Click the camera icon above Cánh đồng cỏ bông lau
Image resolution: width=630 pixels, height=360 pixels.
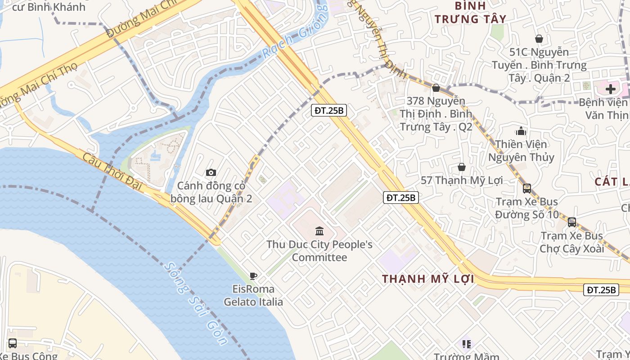pyautogui.click(x=211, y=172)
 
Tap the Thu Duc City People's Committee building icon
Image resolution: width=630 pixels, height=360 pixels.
pyautogui.click(x=319, y=231)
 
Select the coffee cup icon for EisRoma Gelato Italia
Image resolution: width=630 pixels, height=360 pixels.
pyautogui.click(x=253, y=276)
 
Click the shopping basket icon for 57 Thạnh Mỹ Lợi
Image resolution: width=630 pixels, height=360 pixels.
pyautogui.click(x=462, y=167)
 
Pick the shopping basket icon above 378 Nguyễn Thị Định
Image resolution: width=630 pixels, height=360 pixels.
pyautogui.click(x=436, y=88)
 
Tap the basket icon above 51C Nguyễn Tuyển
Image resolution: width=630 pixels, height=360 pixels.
pyautogui.click(x=539, y=39)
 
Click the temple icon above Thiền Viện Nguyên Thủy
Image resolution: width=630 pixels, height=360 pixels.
pyautogui.click(x=521, y=131)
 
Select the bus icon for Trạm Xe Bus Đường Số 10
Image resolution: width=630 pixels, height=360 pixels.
pyautogui.click(x=526, y=188)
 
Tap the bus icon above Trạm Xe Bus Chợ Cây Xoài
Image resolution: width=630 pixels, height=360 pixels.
pyautogui.click(x=571, y=222)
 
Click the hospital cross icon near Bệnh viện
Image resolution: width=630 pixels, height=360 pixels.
pyautogui.click(x=610, y=89)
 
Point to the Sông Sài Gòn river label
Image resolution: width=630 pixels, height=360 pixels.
pyautogui.click(x=195, y=303)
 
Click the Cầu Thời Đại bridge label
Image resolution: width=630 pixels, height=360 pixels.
pyautogui.click(x=112, y=171)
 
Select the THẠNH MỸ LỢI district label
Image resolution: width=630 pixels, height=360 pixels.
pyautogui.click(x=428, y=279)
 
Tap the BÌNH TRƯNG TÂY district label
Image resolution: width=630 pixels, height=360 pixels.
pyautogui.click(x=471, y=12)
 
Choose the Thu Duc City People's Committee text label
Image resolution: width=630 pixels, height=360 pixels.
pyautogui.click(x=319, y=251)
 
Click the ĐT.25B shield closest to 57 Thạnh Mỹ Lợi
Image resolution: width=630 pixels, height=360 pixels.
pyautogui.click(x=401, y=197)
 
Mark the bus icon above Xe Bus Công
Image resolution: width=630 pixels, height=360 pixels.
pyautogui.click(x=13, y=343)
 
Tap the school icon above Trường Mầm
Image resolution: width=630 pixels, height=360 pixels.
pyautogui.click(x=466, y=344)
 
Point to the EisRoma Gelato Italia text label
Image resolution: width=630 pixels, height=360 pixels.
pyautogui.click(x=253, y=295)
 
